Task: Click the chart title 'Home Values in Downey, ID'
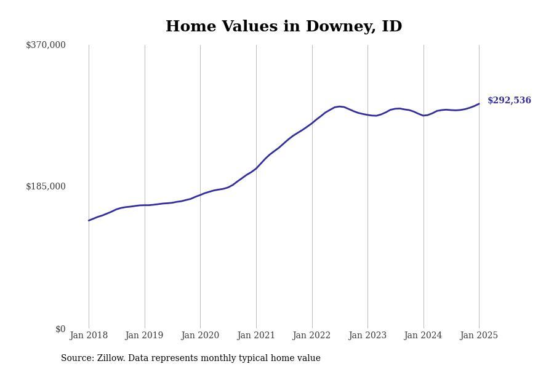[284, 27]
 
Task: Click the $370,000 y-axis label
[46, 45]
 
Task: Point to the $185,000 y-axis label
[46, 186]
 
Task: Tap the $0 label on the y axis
[60, 329]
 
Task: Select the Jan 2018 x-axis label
[89, 335]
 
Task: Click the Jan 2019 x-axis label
[144, 335]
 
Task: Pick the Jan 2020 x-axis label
[200, 335]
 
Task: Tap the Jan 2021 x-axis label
[256, 335]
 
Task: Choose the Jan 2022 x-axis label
[311, 335]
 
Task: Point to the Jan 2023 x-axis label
[367, 335]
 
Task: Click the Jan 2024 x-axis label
[423, 335]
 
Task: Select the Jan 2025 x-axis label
[479, 335]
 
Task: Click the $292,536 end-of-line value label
[509, 100]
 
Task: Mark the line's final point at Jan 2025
[479, 104]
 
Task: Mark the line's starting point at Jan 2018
[89, 220]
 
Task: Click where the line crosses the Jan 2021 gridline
[256, 169]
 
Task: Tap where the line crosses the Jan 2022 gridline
[312, 123]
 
